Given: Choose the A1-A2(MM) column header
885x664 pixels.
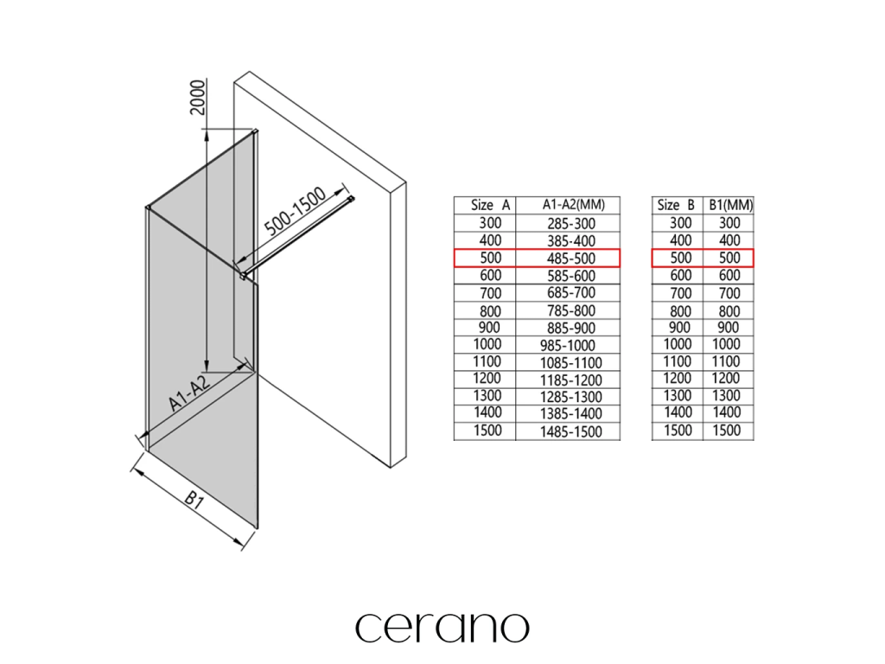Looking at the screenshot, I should (571, 205).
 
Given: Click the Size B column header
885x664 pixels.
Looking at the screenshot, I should (676, 205).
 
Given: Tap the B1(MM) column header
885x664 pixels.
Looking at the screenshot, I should (730, 205).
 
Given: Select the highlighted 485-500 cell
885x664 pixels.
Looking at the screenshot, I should (571, 258).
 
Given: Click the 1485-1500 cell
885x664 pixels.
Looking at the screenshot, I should (571, 431).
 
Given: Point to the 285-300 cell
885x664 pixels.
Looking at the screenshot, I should (571, 222).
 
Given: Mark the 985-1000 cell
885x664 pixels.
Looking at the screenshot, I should (571, 345).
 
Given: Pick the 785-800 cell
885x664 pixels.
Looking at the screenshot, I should (571, 310).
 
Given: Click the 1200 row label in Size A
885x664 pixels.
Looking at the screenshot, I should (485, 379).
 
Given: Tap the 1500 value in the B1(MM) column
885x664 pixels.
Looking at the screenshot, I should (729, 430).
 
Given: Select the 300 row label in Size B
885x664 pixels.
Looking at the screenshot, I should (680, 222).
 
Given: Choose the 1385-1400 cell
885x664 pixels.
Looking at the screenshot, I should (571, 414).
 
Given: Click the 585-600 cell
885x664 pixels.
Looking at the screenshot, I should (571, 275).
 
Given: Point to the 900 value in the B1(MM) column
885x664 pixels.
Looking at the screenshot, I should (729, 327).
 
